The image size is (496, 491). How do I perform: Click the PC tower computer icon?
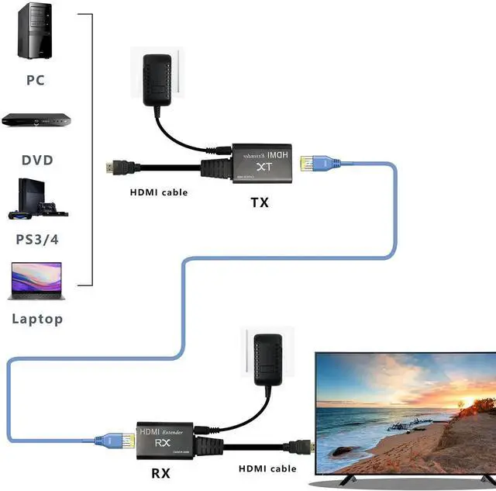click(x=36, y=31)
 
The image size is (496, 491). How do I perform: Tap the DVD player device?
click(x=36, y=120)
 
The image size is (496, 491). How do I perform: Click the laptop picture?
click(x=36, y=282)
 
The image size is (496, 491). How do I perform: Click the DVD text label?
click(x=37, y=161)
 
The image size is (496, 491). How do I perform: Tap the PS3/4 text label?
click(x=37, y=239)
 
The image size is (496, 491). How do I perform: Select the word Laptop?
click(x=37, y=319)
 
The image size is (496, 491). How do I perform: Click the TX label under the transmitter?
click(x=260, y=202)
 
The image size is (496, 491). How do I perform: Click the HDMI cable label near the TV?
click(x=267, y=469)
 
